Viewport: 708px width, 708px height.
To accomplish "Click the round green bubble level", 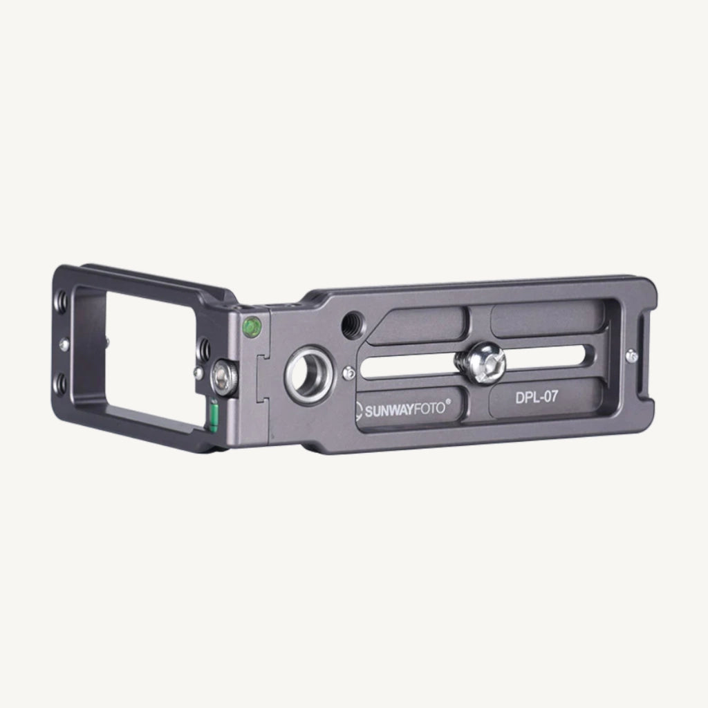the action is coord(252,327).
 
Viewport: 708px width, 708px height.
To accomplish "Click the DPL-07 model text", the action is coord(537,398).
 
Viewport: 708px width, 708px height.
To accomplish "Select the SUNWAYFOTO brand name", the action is coord(404,410).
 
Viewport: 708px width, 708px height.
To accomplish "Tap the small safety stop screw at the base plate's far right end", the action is coord(632,356).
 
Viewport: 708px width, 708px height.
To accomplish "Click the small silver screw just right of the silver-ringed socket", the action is coord(348,373).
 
